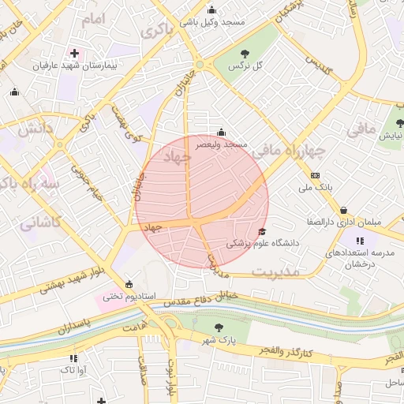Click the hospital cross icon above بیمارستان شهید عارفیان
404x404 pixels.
75,53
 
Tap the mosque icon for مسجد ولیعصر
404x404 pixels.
221,132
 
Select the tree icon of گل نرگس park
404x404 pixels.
243,53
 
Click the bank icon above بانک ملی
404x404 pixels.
316,174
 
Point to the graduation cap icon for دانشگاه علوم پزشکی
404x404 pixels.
262,231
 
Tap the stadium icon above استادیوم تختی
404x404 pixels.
129,284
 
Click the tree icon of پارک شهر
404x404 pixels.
218,327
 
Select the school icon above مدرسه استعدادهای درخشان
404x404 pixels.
360,241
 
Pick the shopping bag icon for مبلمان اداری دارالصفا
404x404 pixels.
344,210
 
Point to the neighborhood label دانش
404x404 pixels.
36,128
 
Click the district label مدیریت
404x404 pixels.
275,271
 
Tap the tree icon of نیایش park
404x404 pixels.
399,123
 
